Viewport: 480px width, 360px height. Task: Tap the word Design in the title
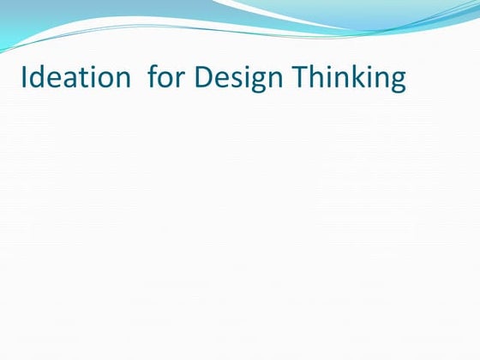click(240, 78)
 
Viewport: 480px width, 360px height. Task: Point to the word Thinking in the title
click(350, 78)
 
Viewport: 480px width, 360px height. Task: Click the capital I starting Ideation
click(23, 78)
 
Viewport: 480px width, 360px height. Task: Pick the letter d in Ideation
click(36, 78)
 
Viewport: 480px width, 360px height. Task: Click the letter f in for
click(153, 78)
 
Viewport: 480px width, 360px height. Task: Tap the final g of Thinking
click(396, 81)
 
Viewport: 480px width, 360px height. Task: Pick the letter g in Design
click(255, 81)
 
